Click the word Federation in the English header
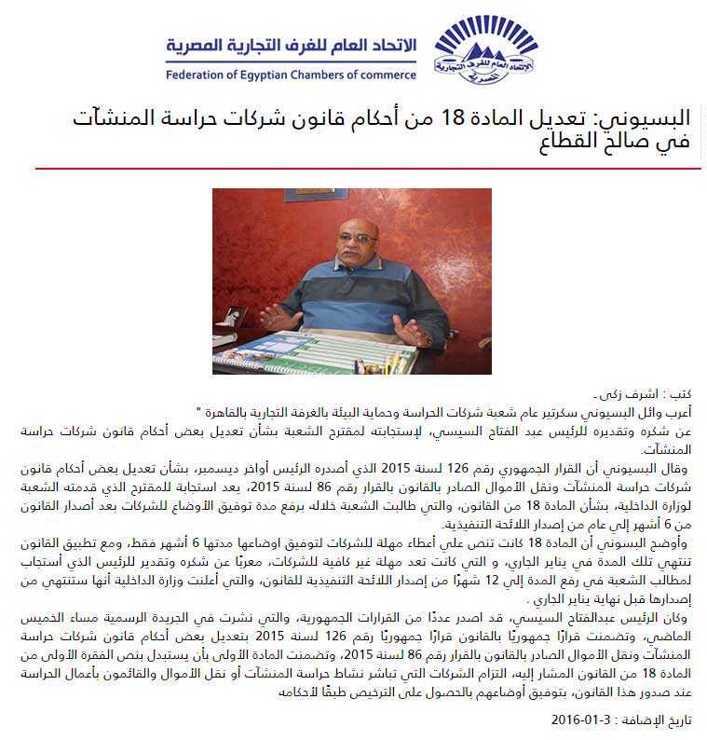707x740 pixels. pyautogui.click(x=199, y=75)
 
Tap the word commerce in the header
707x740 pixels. pyautogui.click(x=385, y=75)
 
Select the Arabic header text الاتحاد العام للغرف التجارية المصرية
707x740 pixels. pyautogui.click(x=291, y=47)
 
